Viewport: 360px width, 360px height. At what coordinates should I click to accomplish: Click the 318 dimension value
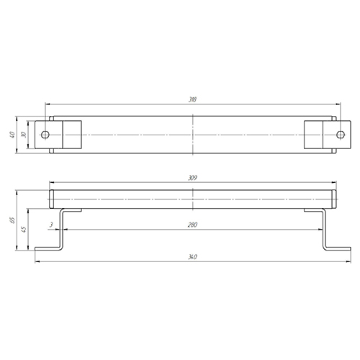click(192, 99)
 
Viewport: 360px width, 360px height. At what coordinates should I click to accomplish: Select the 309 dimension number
click(192, 178)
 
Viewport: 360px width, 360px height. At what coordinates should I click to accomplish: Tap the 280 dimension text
click(192, 225)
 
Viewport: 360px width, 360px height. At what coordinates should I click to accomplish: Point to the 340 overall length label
click(192, 257)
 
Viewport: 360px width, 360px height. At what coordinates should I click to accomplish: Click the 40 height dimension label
click(12, 135)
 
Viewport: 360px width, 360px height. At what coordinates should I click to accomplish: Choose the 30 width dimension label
click(24, 135)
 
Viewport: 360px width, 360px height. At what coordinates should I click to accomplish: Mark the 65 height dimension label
click(12, 220)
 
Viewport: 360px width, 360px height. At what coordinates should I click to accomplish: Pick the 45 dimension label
click(24, 229)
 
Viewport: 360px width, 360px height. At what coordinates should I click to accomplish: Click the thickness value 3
click(51, 225)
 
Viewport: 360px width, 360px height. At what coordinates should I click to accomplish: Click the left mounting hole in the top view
click(45, 135)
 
